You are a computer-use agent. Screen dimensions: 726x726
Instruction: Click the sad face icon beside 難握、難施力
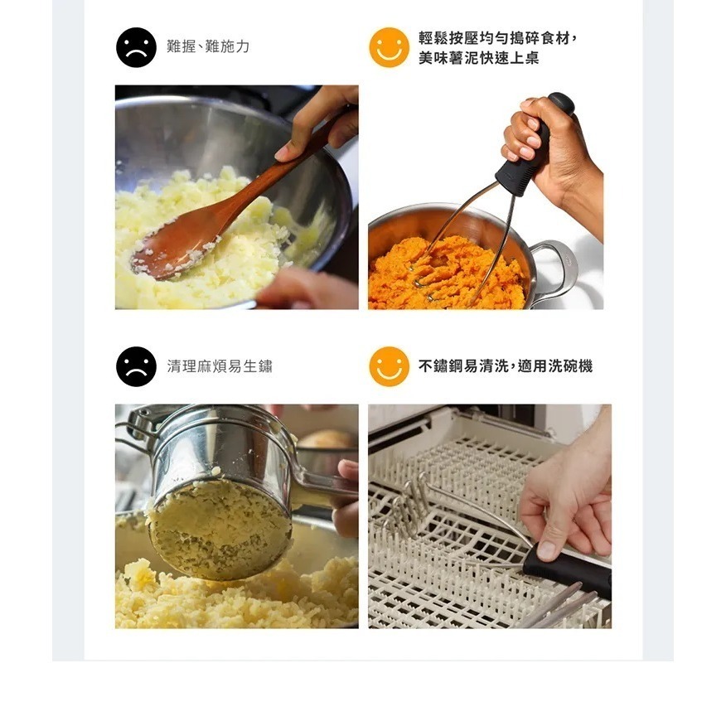coord(136,47)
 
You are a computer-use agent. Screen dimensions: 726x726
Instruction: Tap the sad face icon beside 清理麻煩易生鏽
coord(136,366)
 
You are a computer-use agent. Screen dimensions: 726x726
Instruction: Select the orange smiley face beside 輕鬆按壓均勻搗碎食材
coord(389,47)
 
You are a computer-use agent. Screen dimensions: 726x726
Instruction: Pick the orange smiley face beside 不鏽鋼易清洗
coord(389,366)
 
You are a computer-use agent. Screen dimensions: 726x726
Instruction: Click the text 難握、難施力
coord(208,47)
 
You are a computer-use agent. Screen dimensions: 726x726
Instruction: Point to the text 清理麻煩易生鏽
coord(220,366)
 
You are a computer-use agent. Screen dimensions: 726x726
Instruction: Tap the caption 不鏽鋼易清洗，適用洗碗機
coord(506,366)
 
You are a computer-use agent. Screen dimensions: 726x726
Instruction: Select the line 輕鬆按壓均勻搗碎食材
coord(497,38)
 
